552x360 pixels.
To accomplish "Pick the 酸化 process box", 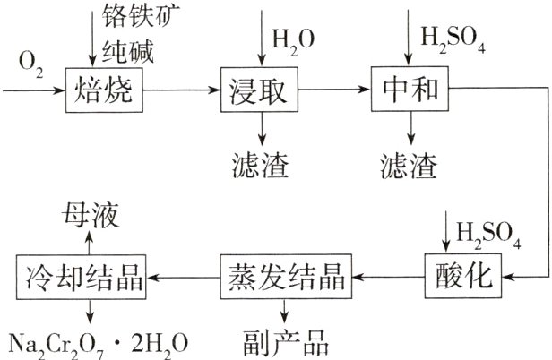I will click(458, 276).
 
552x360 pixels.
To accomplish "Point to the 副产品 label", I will click(286, 342).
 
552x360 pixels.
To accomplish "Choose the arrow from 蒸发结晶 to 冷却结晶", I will click(184, 276).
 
